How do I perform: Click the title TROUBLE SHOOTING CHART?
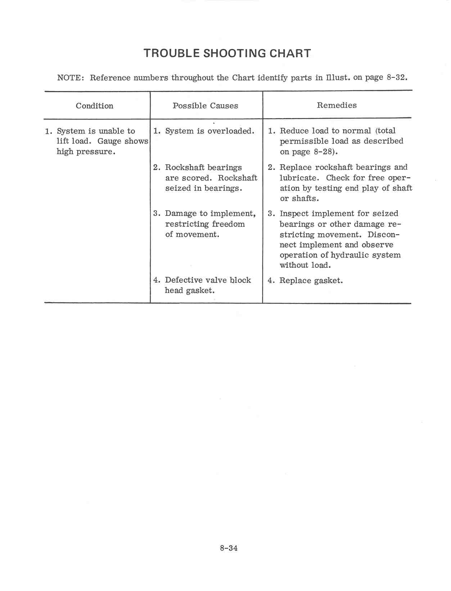(227, 53)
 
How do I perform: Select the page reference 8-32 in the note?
(396, 77)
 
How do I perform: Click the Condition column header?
(94, 106)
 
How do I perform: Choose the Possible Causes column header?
(205, 106)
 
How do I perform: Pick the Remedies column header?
(337, 105)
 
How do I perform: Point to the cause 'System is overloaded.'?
(209, 131)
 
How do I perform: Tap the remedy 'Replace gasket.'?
(311, 280)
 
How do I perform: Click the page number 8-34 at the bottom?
(229, 548)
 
